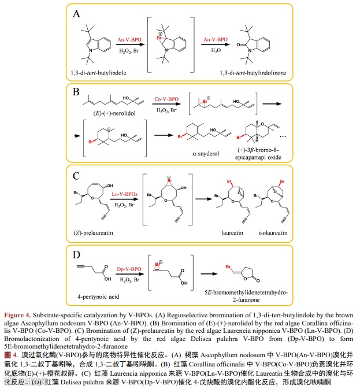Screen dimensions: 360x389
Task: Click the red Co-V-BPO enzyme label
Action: tap(166, 100)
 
